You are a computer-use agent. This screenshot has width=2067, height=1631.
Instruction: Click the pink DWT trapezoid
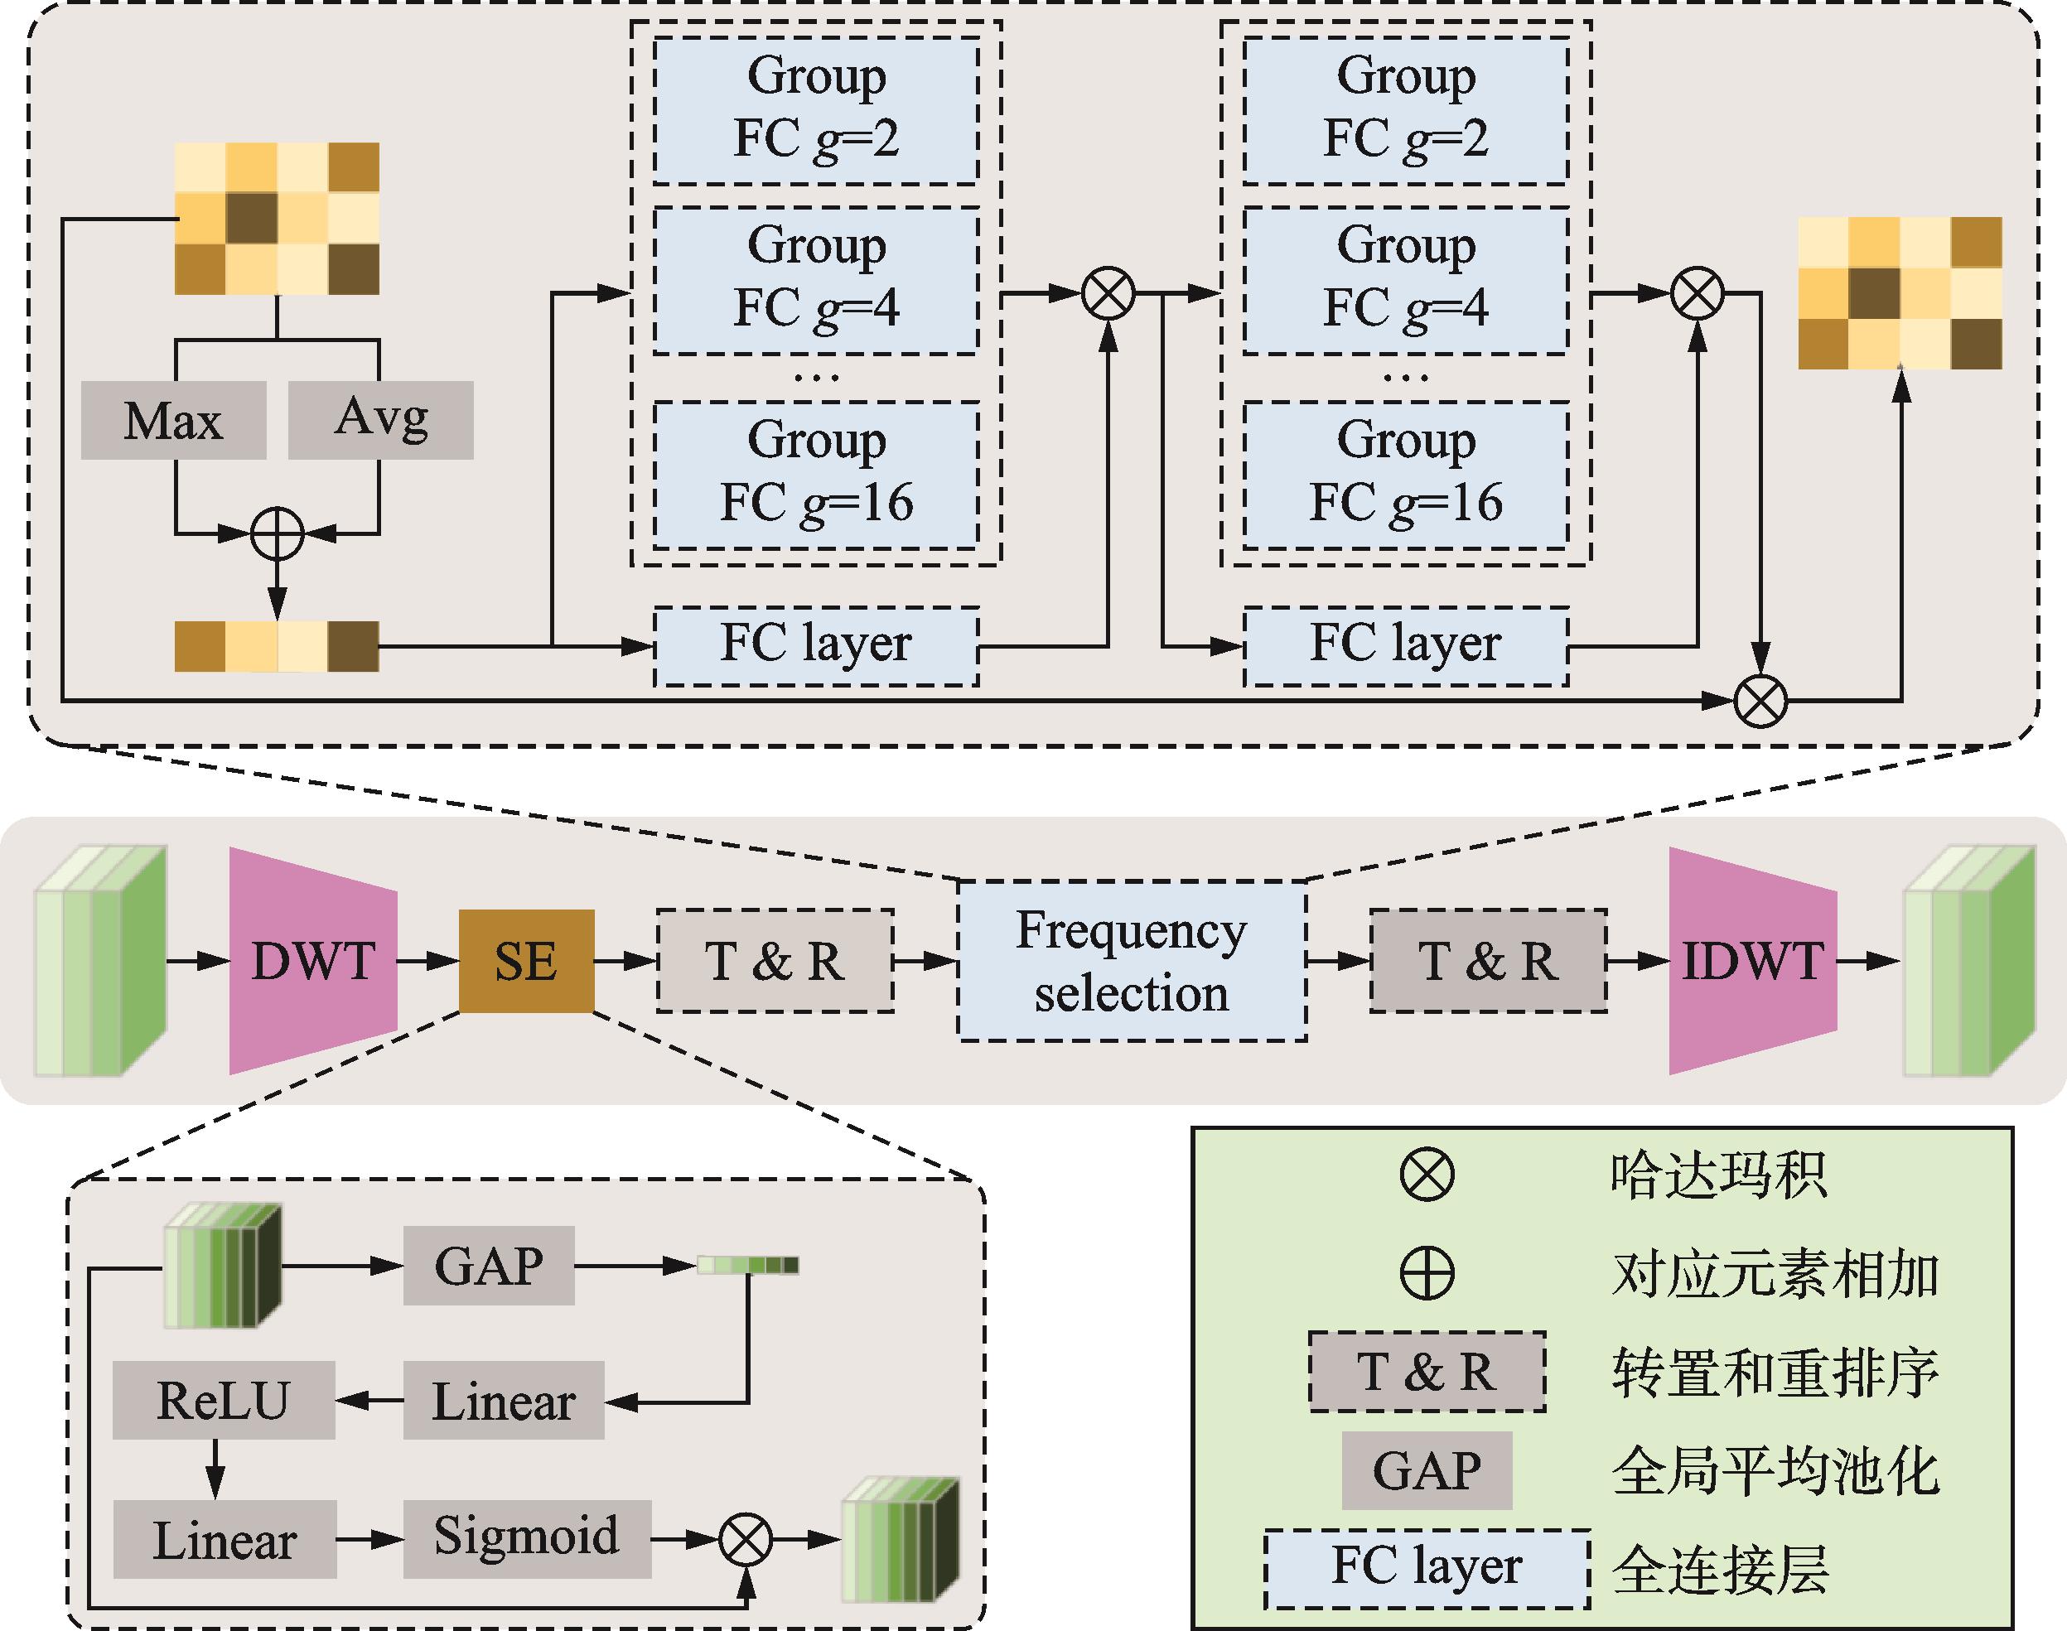click(x=312, y=960)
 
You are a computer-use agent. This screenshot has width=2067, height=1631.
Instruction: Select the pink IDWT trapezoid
click(x=1752, y=960)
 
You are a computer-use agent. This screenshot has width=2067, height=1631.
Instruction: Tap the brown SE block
click(x=526, y=961)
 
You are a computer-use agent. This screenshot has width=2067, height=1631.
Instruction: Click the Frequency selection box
click(x=1131, y=961)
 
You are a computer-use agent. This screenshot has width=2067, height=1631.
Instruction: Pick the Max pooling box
click(x=173, y=420)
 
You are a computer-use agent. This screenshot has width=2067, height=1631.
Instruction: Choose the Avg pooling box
click(x=380, y=420)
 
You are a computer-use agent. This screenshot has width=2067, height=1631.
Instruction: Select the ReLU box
click(x=223, y=1400)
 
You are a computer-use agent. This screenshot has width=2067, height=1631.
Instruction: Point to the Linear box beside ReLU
click(x=504, y=1401)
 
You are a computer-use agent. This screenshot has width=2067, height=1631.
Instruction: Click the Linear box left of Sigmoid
click(x=225, y=1538)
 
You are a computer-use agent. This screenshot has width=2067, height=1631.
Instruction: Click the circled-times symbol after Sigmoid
click(x=746, y=1538)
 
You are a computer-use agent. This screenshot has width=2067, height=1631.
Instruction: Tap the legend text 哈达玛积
click(x=1717, y=1174)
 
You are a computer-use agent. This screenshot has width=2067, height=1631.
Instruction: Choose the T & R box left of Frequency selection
click(x=775, y=961)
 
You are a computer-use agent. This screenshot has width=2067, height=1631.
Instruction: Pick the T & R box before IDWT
click(x=1487, y=961)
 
